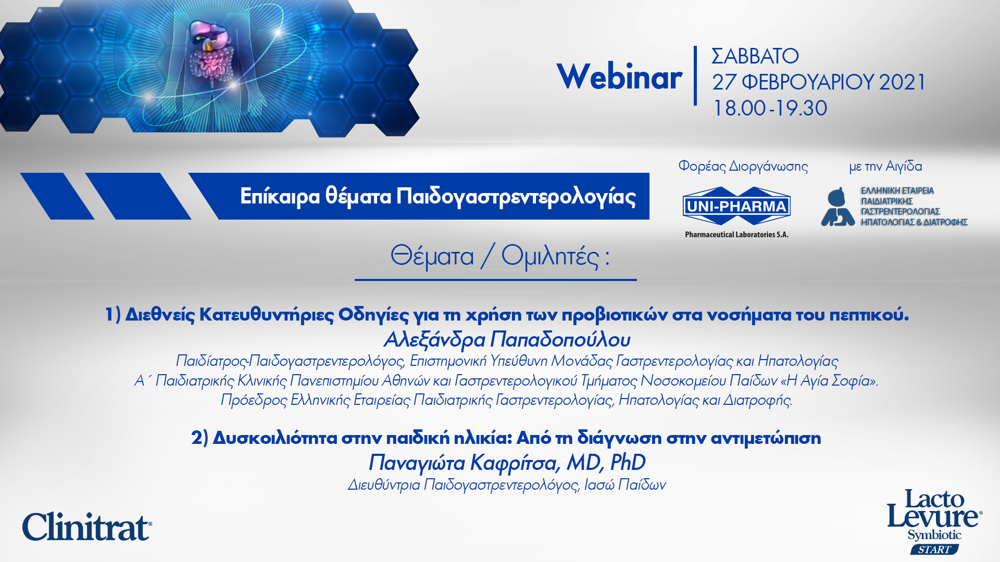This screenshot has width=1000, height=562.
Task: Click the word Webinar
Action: pyautogui.click(x=619, y=77)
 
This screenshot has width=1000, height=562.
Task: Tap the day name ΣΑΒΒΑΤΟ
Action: pyautogui.click(x=755, y=56)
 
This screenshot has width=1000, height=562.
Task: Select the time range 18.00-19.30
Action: pyautogui.click(x=770, y=108)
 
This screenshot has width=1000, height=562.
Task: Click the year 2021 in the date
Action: pyautogui.click(x=902, y=82)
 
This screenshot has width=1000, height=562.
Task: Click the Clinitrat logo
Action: pyautogui.click(x=87, y=527)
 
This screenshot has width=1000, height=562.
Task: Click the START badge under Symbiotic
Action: pyautogui.click(x=934, y=550)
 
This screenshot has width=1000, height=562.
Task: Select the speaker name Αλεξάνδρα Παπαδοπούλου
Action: pyautogui.click(x=507, y=340)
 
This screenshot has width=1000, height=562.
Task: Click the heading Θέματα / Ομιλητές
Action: pyautogui.click(x=500, y=257)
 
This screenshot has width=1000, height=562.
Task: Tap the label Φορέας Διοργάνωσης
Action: pyautogui.click(x=743, y=167)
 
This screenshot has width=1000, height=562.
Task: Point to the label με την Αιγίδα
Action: pyautogui.click(x=885, y=167)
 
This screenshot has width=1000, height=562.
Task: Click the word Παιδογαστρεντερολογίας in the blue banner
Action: pyautogui.click(x=516, y=197)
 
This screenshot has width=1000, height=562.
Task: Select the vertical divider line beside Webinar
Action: pyautogui.click(x=695, y=76)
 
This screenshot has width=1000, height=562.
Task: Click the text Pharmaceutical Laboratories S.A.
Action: pyautogui.click(x=736, y=235)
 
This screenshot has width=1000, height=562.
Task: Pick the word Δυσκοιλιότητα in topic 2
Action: pyautogui.click(x=275, y=438)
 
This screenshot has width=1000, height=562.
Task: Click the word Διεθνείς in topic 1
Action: pyautogui.click(x=160, y=315)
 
